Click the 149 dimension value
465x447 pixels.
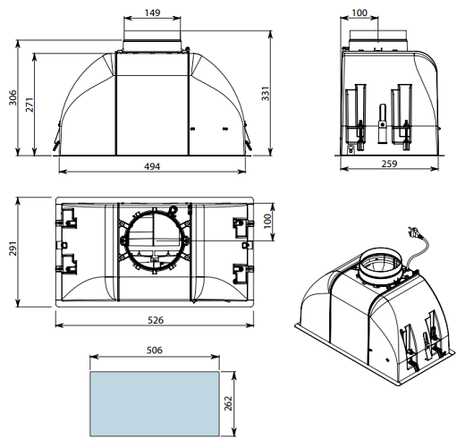click(152, 13)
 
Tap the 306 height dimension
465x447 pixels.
click(13, 97)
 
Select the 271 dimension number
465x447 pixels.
click(30, 105)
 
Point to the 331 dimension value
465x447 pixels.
click(266, 93)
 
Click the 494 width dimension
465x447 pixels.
click(152, 166)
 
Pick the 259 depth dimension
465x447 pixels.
click(389, 164)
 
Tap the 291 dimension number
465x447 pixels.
click(13, 249)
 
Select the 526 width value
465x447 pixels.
click(156, 320)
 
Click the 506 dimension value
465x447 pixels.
click(155, 350)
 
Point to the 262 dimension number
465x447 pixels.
click(228, 403)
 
